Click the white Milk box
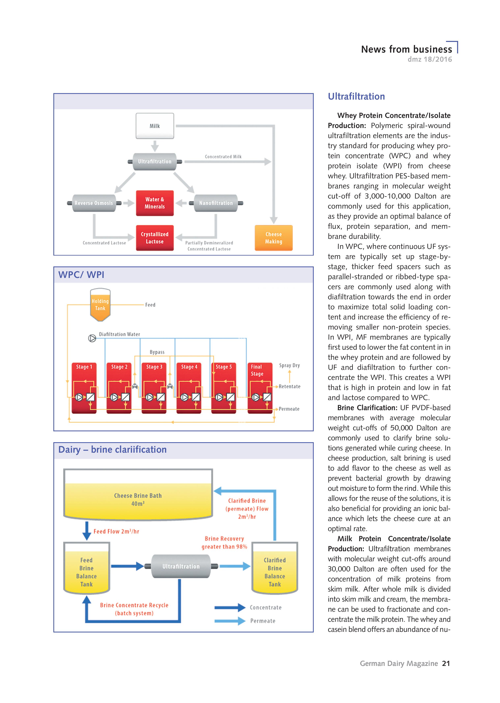point(155,126)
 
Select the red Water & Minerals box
point(155,203)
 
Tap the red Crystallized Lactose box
point(155,238)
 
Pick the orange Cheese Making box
point(274,238)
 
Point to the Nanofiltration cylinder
point(216,203)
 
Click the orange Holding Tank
point(100,305)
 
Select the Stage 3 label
point(154,367)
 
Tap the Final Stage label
point(257,370)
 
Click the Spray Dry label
point(289,365)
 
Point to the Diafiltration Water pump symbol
point(92,338)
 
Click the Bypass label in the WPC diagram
point(157,352)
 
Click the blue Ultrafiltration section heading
point(356,96)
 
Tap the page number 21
point(446,663)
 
